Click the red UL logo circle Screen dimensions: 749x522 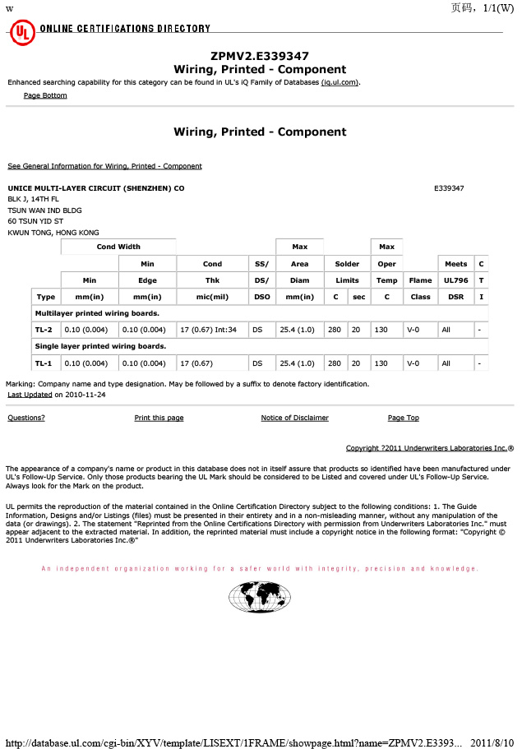(x=21, y=34)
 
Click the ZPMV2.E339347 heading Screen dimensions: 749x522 (x=260, y=56)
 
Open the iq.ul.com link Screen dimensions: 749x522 (x=340, y=82)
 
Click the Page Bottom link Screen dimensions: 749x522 (x=45, y=95)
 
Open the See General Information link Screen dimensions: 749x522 (x=104, y=166)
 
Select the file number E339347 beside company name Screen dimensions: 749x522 (x=449, y=188)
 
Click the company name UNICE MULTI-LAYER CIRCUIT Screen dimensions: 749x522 (x=95, y=188)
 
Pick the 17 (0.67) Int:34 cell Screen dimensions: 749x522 (x=208, y=330)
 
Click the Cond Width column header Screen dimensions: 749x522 (x=118, y=247)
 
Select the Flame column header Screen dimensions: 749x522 (x=420, y=280)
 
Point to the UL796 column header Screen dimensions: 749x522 (x=455, y=280)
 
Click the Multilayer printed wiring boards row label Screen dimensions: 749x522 (x=97, y=313)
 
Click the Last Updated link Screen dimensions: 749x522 (x=30, y=395)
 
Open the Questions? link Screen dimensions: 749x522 (x=26, y=418)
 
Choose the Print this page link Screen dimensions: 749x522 (x=159, y=418)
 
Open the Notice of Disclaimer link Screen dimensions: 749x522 (x=294, y=418)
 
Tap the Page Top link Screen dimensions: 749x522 (x=403, y=418)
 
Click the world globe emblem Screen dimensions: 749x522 (x=260, y=597)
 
